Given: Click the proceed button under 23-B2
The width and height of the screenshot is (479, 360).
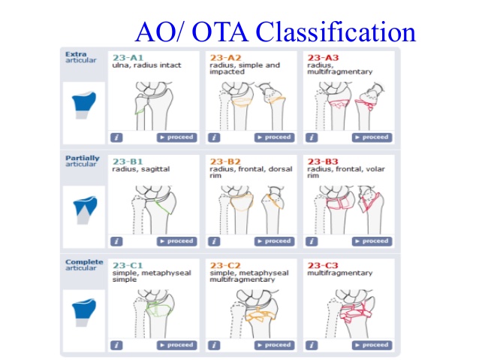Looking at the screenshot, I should pos(274,241).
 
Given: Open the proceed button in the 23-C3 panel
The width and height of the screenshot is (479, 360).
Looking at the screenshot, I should pos(372,345).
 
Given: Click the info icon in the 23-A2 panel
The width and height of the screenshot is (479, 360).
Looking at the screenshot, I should pos(214,138).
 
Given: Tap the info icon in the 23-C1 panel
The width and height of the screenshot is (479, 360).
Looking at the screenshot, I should pos(116,345).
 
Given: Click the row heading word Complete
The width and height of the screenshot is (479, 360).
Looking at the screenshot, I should pos(80,262).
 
